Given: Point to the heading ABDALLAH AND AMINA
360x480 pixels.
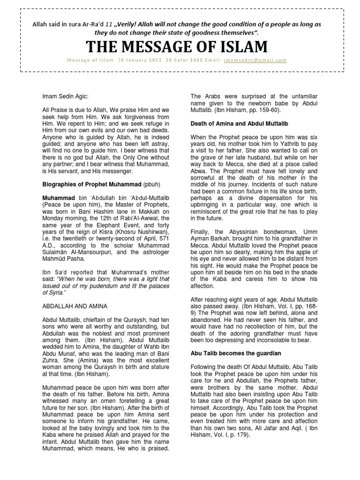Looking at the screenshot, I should [75, 306].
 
